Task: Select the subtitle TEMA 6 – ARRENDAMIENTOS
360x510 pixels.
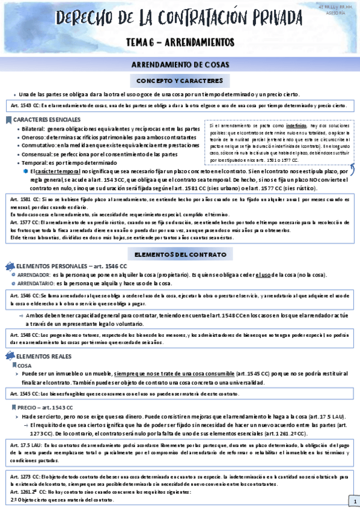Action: pos(180,42)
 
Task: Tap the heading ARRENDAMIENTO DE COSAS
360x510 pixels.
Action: pos(180,65)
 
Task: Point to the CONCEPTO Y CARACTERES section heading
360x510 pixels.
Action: pos(180,81)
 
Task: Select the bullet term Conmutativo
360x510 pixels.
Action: pos(37,146)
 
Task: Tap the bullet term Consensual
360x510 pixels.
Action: pos(35,155)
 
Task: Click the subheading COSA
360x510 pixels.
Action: pos(25,365)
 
